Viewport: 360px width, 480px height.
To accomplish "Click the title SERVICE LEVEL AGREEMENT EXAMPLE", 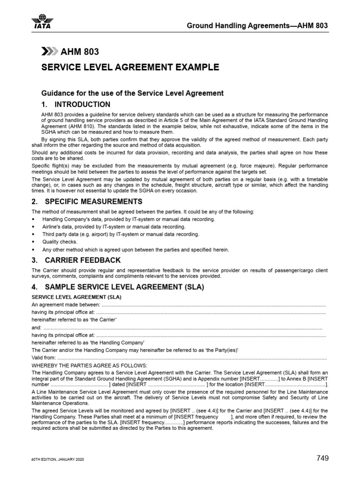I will point(130,67).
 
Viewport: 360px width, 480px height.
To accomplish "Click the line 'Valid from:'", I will point(45,358).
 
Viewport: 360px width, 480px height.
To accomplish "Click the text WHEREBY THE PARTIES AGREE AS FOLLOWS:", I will point(89,365).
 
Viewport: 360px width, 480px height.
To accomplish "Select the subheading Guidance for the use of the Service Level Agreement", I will point(133,93).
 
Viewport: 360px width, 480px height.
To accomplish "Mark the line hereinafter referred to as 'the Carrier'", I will point(74,320).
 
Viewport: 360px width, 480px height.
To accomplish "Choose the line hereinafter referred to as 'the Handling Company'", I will point(87,343).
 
